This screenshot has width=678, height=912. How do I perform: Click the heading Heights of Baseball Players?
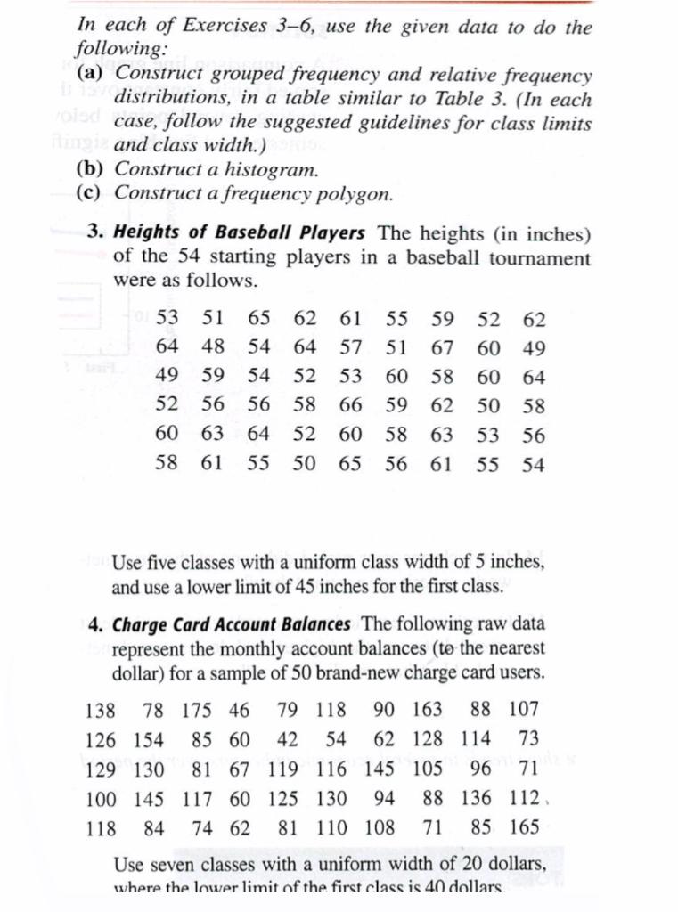pos(240,232)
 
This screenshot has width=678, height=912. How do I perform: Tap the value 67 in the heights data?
pos(442,347)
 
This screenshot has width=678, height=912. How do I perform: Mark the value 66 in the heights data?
pos(350,406)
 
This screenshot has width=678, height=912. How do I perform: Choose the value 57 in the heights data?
pos(350,347)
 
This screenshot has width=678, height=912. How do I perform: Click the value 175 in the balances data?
pos(197,711)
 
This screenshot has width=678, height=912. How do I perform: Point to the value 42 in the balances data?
pos(287,739)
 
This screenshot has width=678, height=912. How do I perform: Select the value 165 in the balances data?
pos(524,827)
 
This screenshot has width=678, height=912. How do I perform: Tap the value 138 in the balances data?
pos(100,711)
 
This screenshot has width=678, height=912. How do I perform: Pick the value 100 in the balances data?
pos(100,798)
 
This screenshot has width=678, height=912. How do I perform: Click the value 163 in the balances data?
pos(428,711)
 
